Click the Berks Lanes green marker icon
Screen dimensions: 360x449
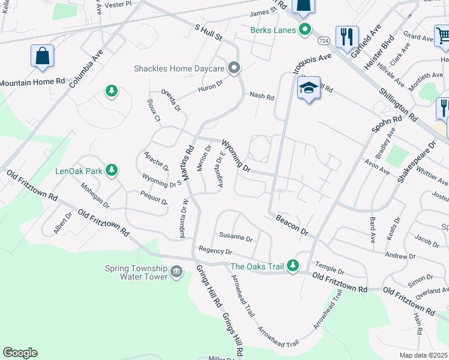pyautogui.click(x=304, y=29)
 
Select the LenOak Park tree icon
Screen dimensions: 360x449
pyautogui.click(x=111, y=171)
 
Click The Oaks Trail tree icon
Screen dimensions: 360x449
pyautogui.click(x=292, y=265)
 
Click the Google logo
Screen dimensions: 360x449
pyautogui.click(x=20, y=353)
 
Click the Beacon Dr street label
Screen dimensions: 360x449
pyautogui.click(x=292, y=223)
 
